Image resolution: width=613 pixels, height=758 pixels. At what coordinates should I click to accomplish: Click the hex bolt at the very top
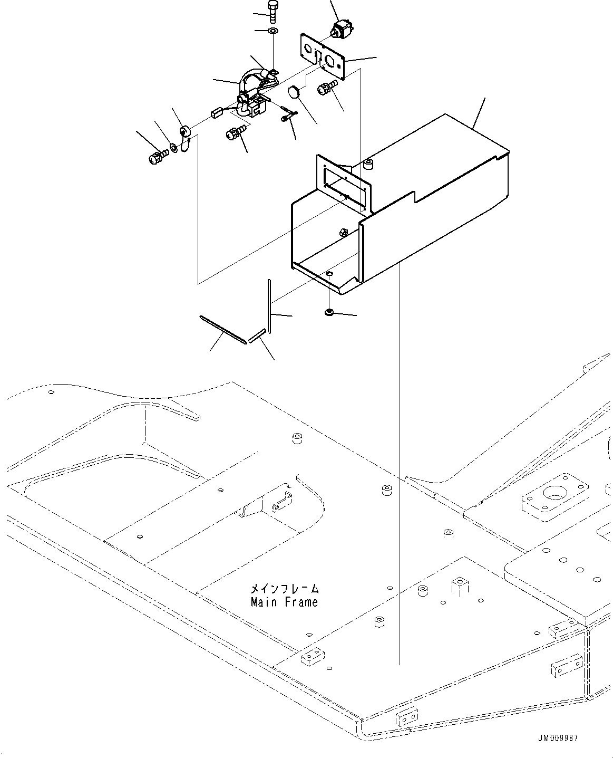click(x=272, y=11)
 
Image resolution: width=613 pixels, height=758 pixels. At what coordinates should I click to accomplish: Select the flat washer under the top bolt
click(x=273, y=32)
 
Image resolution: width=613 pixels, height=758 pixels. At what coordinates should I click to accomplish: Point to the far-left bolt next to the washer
click(x=155, y=157)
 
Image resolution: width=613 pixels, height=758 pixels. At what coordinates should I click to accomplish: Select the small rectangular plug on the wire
click(x=215, y=112)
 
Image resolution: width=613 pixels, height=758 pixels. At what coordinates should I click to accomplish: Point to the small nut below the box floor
click(x=329, y=313)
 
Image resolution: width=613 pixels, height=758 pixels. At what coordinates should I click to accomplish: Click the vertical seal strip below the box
click(x=269, y=306)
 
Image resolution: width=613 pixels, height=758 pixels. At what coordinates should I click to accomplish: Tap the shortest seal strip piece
click(x=257, y=335)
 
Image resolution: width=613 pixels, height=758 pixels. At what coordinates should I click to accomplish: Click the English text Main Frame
click(x=285, y=602)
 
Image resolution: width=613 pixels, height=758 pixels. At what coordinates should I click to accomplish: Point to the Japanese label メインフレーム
click(x=285, y=589)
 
